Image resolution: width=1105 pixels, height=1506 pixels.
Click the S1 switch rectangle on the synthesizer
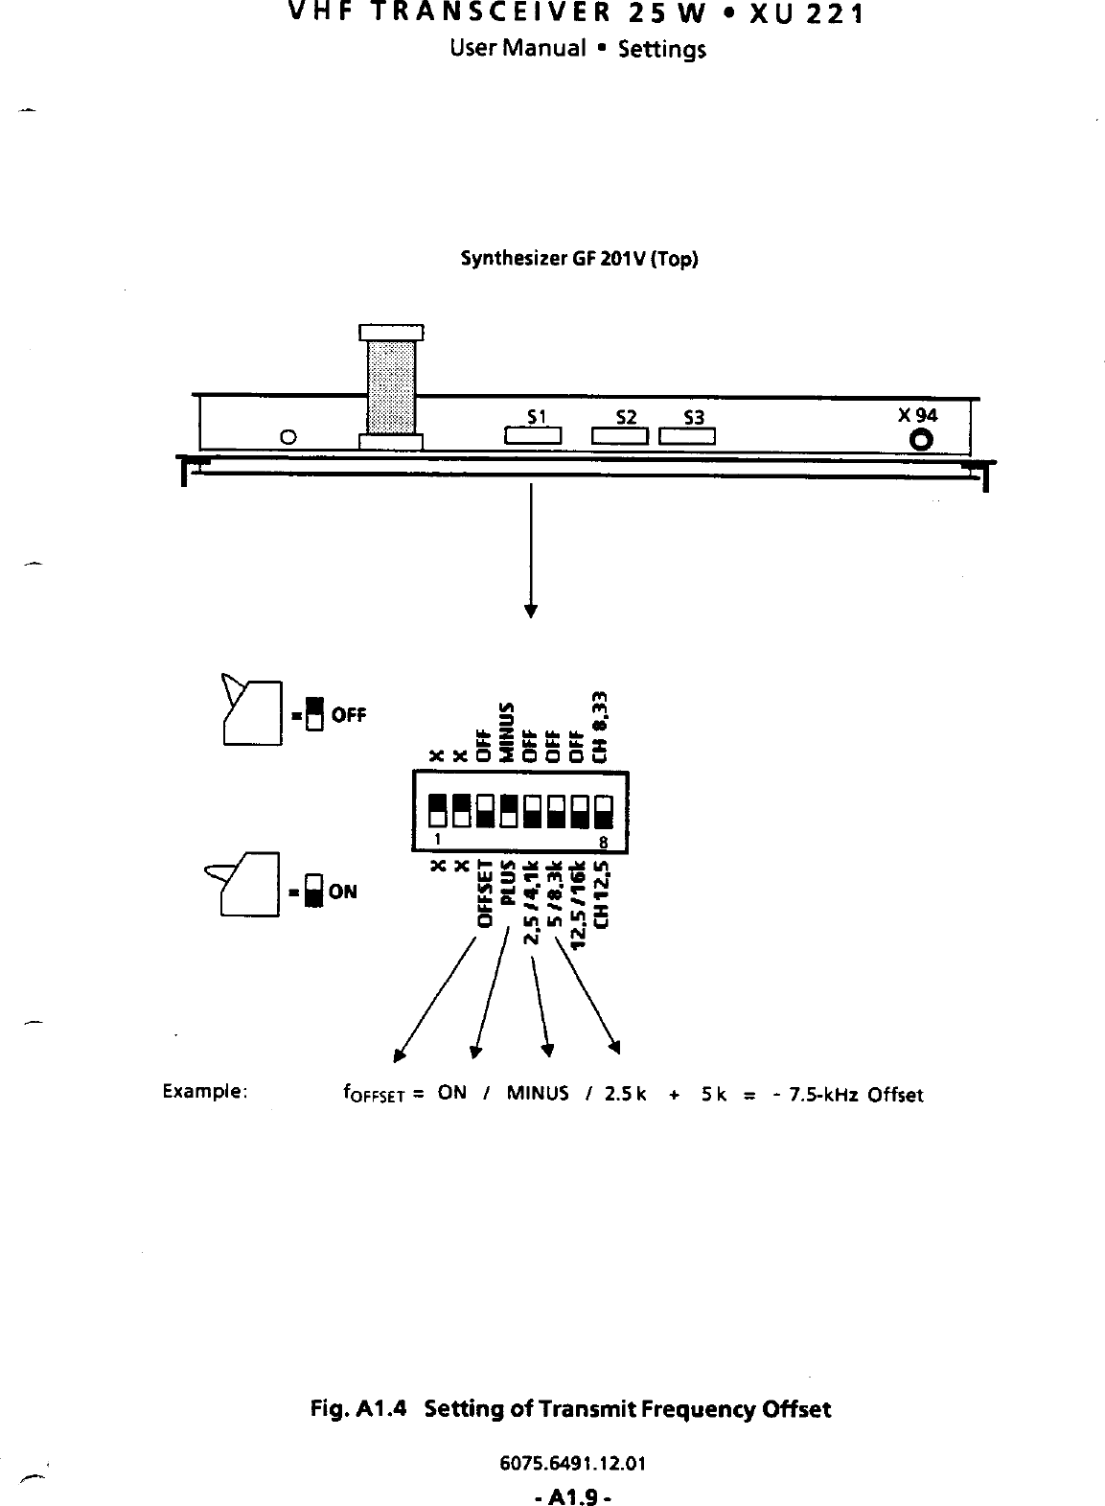click(532, 437)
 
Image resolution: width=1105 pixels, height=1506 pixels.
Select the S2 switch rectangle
click(621, 437)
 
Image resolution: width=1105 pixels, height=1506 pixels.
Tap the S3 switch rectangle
click(687, 437)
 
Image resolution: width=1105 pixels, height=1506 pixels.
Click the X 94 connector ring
click(922, 439)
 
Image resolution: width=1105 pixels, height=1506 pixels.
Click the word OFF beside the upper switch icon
click(349, 715)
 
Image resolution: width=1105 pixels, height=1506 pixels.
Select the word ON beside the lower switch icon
click(342, 892)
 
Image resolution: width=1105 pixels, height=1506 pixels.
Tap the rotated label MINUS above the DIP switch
click(510, 731)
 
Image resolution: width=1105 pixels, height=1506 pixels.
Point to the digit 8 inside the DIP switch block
click(604, 841)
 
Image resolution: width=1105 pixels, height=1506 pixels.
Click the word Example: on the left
click(206, 1092)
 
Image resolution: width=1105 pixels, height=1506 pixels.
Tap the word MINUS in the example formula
click(538, 1093)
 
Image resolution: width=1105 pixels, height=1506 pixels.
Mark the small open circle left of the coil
click(288, 438)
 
